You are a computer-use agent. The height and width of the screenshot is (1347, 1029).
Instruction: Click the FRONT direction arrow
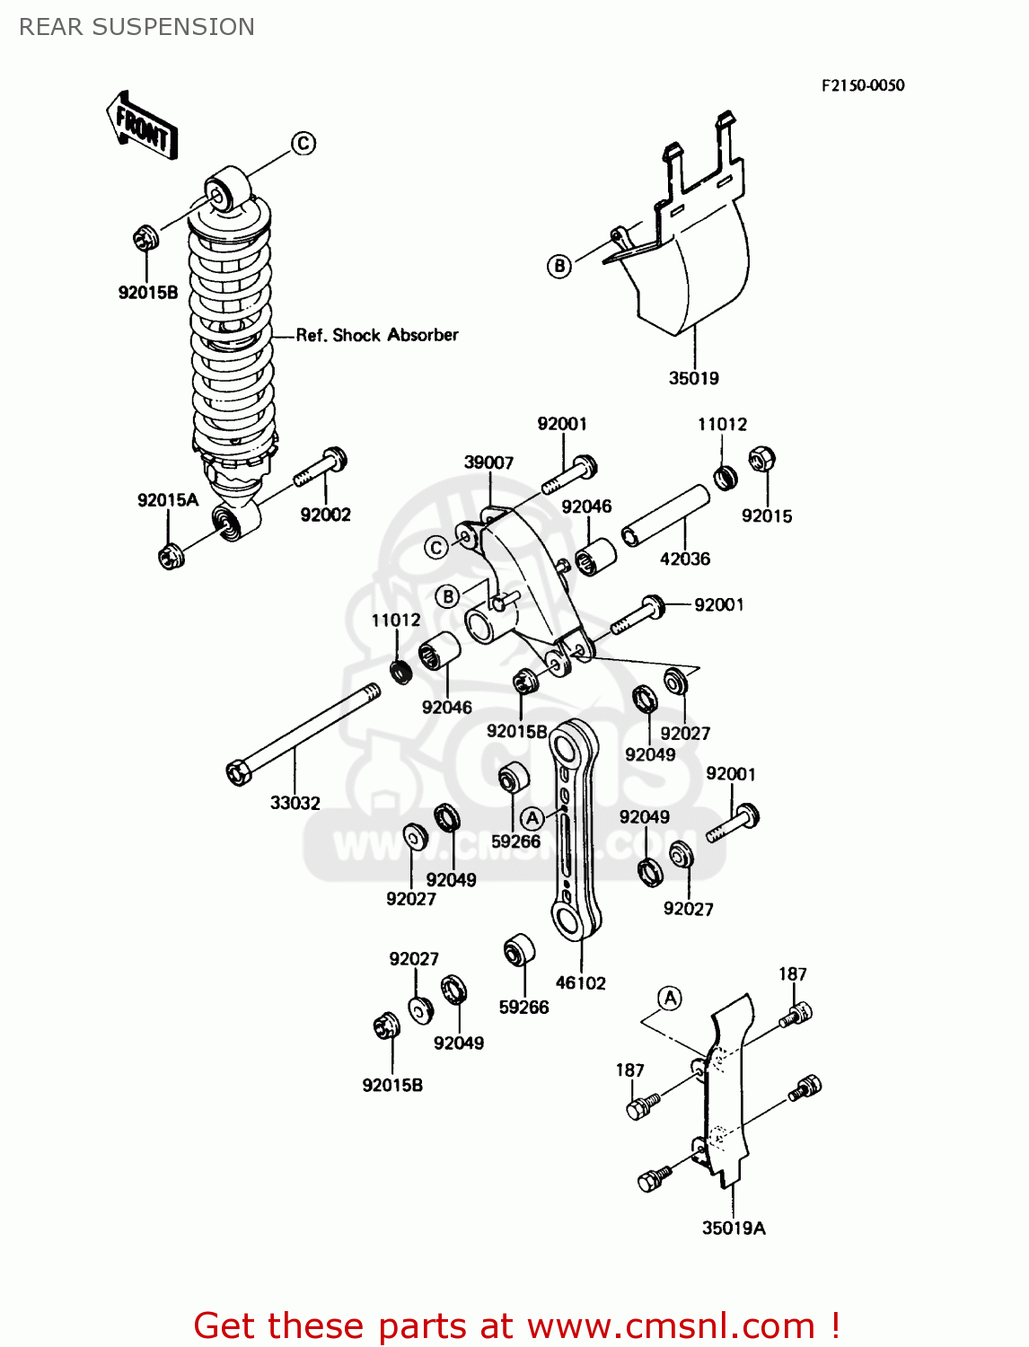pos(142,126)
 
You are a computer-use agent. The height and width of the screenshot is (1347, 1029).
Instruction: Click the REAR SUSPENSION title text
pos(136,27)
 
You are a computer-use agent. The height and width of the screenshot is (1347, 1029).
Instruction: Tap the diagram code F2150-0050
pos(862,85)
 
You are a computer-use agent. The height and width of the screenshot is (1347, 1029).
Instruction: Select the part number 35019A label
pos(734,1228)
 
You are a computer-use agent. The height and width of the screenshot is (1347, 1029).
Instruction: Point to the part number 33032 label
pos(295,803)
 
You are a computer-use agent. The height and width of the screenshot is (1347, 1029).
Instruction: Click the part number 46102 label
pos(580,982)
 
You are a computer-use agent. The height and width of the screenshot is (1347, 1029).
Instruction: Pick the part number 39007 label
pos(488,462)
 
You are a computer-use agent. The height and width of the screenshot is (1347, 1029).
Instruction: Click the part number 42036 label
pos(684,559)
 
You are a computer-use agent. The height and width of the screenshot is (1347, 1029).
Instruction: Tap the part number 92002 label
pos(325,515)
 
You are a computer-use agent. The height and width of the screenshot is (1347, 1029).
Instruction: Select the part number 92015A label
pos(167,500)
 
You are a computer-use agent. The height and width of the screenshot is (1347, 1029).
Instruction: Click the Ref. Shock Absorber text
pos(377,335)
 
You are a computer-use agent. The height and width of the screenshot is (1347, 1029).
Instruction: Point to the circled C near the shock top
pos(303,143)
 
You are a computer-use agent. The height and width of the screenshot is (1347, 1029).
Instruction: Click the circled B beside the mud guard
pos(559,266)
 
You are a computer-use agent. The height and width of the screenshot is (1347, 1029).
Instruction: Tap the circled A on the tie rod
pos(532,817)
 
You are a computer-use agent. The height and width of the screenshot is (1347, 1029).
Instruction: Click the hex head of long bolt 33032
pos(239,771)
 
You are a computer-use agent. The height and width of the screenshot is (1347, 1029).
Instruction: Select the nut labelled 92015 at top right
pos(761,461)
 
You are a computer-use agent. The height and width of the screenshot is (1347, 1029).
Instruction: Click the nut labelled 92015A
pos(170,556)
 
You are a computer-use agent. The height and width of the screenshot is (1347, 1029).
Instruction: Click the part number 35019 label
pos(693,378)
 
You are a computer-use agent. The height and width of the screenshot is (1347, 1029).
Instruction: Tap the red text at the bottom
pos(516,1325)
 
